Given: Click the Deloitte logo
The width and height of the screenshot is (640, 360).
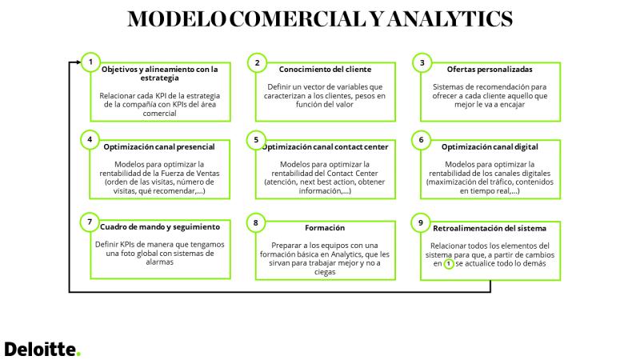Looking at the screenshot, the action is pyautogui.click(x=42, y=350).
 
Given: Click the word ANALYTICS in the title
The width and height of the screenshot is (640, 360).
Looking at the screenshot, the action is pyautogui.click(x=450, y=18).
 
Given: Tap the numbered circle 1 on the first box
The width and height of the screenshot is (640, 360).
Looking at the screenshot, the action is pyautogui.click(x=90, y=62).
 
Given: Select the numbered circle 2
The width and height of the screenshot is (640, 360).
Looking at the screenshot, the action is pyautogui.click(x=257, y=63).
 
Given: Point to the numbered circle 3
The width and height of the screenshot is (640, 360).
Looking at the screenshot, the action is pyautogui.click(x=422, y=63).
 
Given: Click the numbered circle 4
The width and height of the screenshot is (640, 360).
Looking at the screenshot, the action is pyautogui.click(x=90, y=139).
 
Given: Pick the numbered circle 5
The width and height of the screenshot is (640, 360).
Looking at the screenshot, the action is pyautogui.click(x=256, y=140).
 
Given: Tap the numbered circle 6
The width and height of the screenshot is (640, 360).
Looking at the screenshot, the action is pyautogui.click(x=422, y=140).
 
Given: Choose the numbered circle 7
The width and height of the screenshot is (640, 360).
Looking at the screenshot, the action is pyautogui.click(x=90, y=222).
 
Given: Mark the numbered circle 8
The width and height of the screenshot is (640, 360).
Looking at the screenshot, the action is pyautogui.click(x=256, y=223).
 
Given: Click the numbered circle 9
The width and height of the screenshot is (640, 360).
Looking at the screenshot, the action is pyautogui.click(x=421, y=223).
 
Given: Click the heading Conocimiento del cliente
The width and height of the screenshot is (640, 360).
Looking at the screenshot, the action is pyautogui.click(x=326, y=70).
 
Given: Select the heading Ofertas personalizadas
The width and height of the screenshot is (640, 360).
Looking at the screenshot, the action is pyautogui.click(x=490, y=70).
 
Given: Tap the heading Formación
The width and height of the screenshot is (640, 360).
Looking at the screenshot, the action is pyautogui.click(x=325, y=228).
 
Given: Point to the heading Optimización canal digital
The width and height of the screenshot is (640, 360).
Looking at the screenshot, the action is pyautogui.click(x=490, y=147).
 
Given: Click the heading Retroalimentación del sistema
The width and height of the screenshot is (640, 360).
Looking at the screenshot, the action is pyautogui.click(x=490, y=229).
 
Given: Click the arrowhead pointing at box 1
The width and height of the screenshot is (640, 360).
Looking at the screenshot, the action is pyautogui.click(x=78, y=62).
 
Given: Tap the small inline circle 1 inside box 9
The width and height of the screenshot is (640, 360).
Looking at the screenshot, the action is pyautogui.click(x=449, y=264).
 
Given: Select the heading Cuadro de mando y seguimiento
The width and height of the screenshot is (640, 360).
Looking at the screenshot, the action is pyautogui.click(x=160, y=227).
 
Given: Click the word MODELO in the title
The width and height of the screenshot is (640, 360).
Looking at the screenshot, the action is pyautogui.click(x=177, y=18).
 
